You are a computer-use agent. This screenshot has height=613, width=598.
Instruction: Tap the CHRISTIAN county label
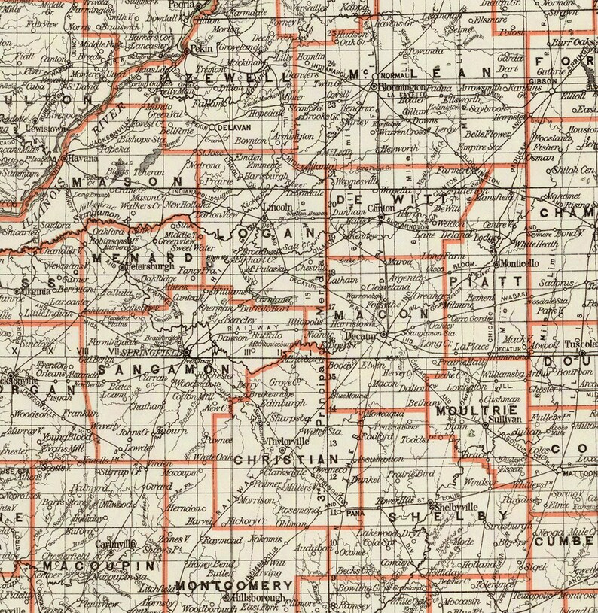[283, 459]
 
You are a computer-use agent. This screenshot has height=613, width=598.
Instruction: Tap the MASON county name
[127, 182]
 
